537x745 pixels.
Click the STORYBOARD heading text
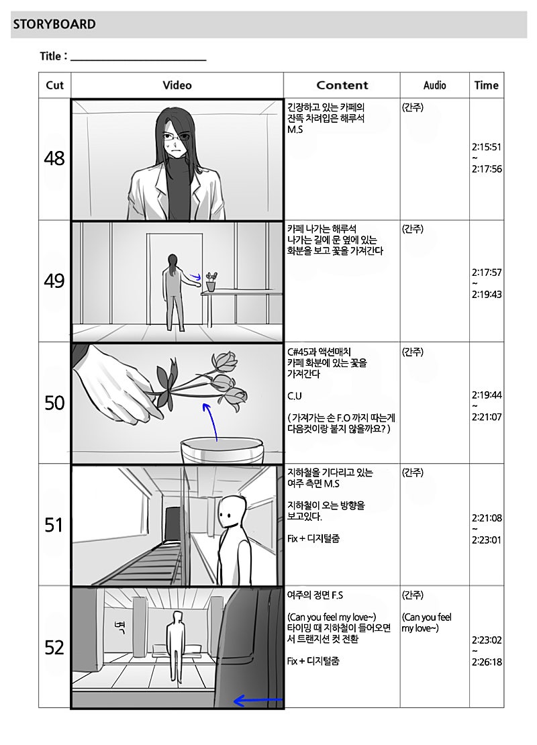click(x=54, y=24)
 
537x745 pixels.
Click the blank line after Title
click(x=138, y=60)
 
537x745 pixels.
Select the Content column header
click(x=342, y=85)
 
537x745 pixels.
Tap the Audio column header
click(x=435, y=85)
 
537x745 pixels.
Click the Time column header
click(x=486, y=85)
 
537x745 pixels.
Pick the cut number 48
click(x=54, y=158)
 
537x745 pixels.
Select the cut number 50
click(x=54, y=403)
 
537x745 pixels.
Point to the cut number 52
click(x=54, y=648)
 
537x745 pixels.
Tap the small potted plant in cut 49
click(x=211, y=281)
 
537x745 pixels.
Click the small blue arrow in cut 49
click(x=196, y=275)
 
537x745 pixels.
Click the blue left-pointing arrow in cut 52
click(x=258, y=700)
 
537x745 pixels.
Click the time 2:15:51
click(x=487, y=147)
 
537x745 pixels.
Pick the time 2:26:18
click(x=487, y=662)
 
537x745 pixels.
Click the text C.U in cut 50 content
click(x=295, y=396)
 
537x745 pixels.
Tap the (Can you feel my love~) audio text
click(x=426, y=622)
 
